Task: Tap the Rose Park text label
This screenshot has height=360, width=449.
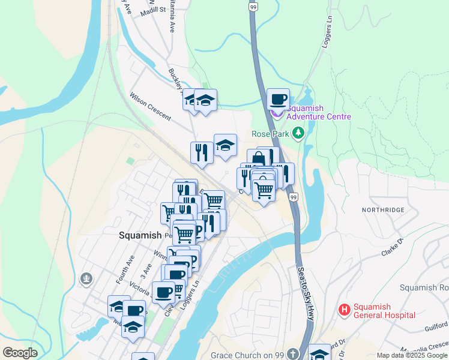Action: pyautogui.click(x=271, y=134)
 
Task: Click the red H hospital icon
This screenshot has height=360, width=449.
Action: pyautogui.click(x=345, y=310)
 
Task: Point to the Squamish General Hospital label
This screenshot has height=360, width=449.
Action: pyautogui.click(x=384, y=310)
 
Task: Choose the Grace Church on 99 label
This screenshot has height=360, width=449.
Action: pyautogui.click(x=247, y=355)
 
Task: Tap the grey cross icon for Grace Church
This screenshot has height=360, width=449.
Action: pyautogui.click(x=293, y=354)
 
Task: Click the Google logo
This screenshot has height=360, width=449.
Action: pyautogui.click(x=20, y=353)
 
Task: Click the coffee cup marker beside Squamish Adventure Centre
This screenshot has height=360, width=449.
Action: pyautogui.click(x=278, y=99)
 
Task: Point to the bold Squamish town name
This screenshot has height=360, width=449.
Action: pyautogui.click(x=140, y=235)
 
